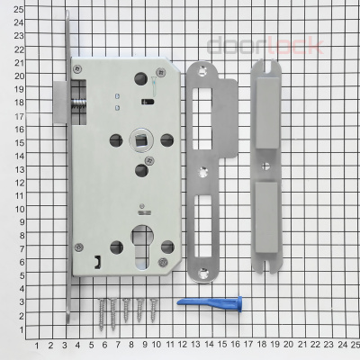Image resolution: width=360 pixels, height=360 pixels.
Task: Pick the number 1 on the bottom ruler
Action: [x=36, y=345]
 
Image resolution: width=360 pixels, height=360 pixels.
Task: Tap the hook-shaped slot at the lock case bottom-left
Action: [x=96, y=262]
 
